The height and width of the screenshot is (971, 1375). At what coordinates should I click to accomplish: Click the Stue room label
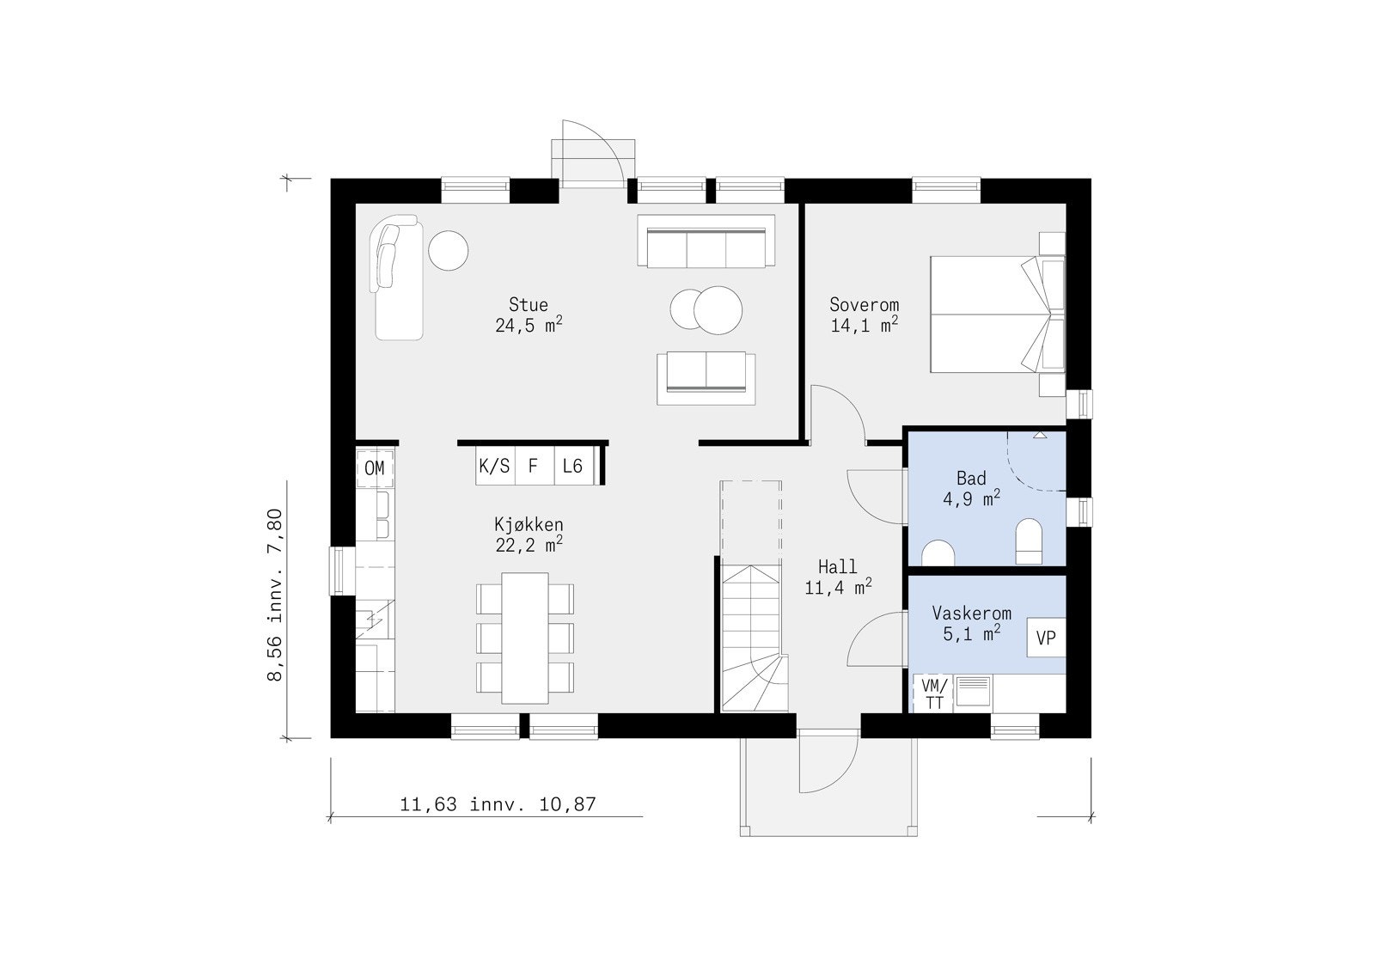click(529, 304)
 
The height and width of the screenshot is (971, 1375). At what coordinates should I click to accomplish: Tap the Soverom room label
click(864, 304)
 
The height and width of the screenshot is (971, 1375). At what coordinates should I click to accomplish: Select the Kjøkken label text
click(529, 525)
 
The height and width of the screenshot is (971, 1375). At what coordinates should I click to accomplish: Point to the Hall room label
click(837, 566)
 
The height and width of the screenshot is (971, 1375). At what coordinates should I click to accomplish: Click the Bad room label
click(971, 478)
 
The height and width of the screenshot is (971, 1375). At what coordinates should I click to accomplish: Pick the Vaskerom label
click(971, 613)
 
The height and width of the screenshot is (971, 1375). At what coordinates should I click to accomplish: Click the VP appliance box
click(1046, 638)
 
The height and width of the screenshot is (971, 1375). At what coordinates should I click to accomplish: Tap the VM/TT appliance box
click(933, 693)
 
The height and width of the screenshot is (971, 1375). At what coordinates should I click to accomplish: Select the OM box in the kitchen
click(375, 468)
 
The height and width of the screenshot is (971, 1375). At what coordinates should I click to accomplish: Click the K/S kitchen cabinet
click(495, 466)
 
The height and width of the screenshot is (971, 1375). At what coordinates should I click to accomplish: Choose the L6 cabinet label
click(572, 466)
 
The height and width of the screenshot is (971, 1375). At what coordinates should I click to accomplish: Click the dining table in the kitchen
click(525, 638)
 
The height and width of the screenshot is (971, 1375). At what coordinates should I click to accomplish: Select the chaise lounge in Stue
click(397, 278)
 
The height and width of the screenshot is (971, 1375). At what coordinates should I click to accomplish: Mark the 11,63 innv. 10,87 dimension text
click(498, 804)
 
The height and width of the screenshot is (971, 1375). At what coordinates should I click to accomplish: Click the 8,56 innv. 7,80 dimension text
click(275, 595)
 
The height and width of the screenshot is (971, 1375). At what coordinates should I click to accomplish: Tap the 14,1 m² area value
click(864, 325)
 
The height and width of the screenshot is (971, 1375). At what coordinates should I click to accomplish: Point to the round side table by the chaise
click(448, 250)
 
